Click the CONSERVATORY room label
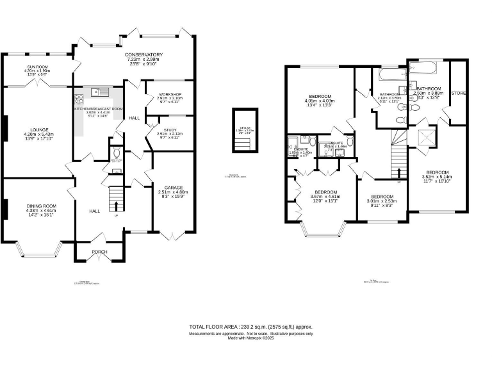click(x=143, y=54)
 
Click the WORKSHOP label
click(x=170, y=94)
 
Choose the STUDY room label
click(x=170, y=129)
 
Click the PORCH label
click(x=100, y=252)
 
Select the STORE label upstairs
click(x=459, y=94)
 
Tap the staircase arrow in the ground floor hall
click(x=116, y=206)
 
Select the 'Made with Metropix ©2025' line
click(x=251, y=339)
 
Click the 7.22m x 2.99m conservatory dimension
click(x=143, y=59)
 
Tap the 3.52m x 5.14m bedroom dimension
click(x=438, y=177)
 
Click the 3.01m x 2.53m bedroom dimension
click(x=382, y=201)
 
